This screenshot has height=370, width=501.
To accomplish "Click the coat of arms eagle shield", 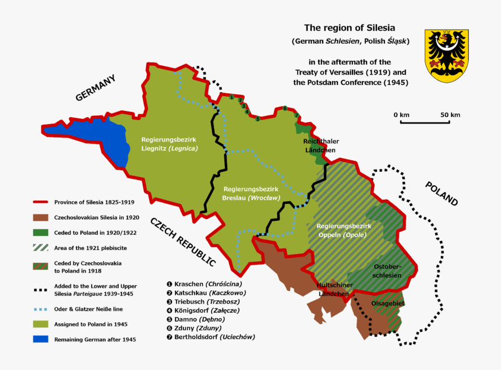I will coord(446,55).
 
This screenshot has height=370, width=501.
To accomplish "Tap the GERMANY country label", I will coord(96,88).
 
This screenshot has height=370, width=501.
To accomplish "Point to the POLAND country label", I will coord(441,193).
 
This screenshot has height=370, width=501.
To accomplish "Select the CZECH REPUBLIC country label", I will coord(182,241).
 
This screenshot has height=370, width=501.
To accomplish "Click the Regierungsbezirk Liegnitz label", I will coord(170,144).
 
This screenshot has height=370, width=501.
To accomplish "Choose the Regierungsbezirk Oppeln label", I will coord(343,230).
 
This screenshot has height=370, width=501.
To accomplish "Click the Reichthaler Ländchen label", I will coord(320,146).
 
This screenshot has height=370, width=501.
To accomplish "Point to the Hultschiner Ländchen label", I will coord(333,289).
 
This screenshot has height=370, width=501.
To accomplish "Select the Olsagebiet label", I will coord(389,303).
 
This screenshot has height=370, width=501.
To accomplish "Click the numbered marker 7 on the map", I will coord(297,115).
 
